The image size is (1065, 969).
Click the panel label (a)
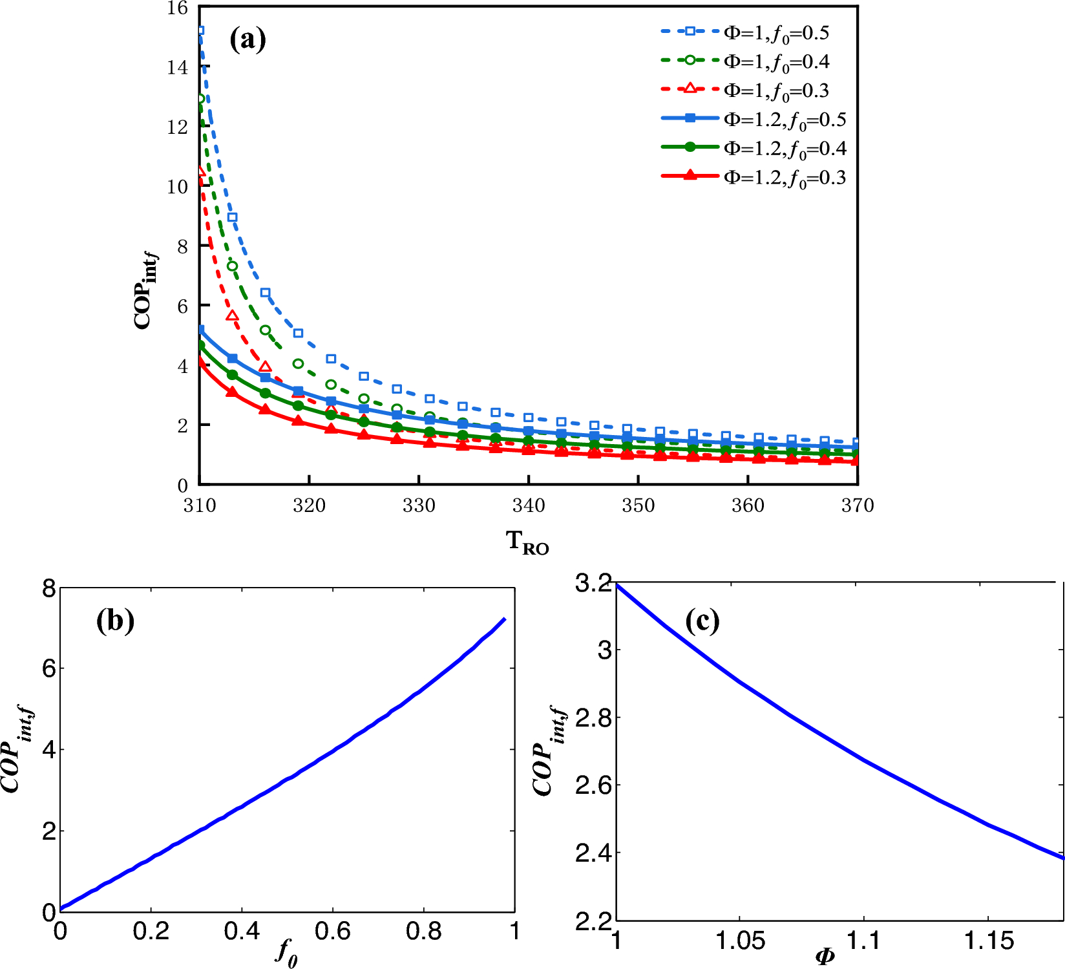pyautogui.click(x=248, y=40)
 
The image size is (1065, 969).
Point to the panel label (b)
pyautogui.click(x=115, y=621)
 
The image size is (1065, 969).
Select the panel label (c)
pyautogui.click(x=702, y=621)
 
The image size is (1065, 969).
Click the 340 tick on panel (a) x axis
pyautogui.click(x=529, y=506)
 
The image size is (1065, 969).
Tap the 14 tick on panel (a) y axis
pyautogui.click(x=177, y=67)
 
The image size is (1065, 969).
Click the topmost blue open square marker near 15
pyautogui.click(x=200, y=30)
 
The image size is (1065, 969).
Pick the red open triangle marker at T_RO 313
pyautogui.click(x=233, y=316)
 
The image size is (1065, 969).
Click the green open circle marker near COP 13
pyautogui.click(x=200, y=99)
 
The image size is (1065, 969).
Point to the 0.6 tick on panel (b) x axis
pyautogui.click(x=332, y=931)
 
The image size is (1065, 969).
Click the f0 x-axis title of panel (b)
pyautogui.click(x=287, y=952)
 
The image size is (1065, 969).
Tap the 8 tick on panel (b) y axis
pyautogui.click(x=49, y=589)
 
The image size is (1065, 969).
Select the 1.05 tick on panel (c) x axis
pyautogui.click(x=740, y=941)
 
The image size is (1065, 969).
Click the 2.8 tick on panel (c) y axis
pyautogui.click(x=593, y=718)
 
